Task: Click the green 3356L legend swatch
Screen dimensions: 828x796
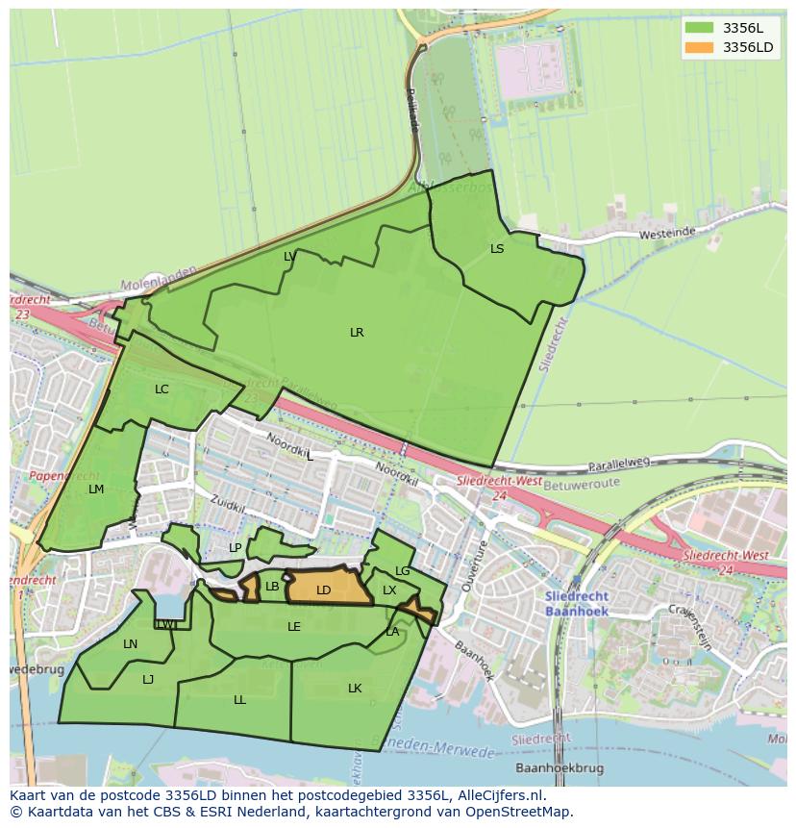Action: tap(700, 28)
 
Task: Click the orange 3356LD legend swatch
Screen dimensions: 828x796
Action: tap(700, 47)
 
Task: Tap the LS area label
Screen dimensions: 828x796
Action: tap(497, 249)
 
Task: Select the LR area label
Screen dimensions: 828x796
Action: tap(357, 333)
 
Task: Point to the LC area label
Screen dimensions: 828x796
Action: tap(162, 389)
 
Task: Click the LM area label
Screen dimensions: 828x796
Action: tap(96, 489)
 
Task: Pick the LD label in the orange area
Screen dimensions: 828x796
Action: tap(324, 590)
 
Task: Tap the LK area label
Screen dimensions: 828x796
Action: tap(355, 689)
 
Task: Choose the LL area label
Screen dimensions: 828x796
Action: tap(239, 700)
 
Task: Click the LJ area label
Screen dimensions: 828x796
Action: tap(148, 680)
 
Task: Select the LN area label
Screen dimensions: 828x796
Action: tap(131, 644)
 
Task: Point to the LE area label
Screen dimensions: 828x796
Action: tap(294, 627)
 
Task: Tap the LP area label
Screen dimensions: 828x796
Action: tap(236, 548)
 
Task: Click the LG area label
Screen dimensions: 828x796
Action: tap(403, 571)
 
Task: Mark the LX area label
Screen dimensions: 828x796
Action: tap(389, 590)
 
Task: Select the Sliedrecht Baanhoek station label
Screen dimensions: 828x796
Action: tap(577, 604)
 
